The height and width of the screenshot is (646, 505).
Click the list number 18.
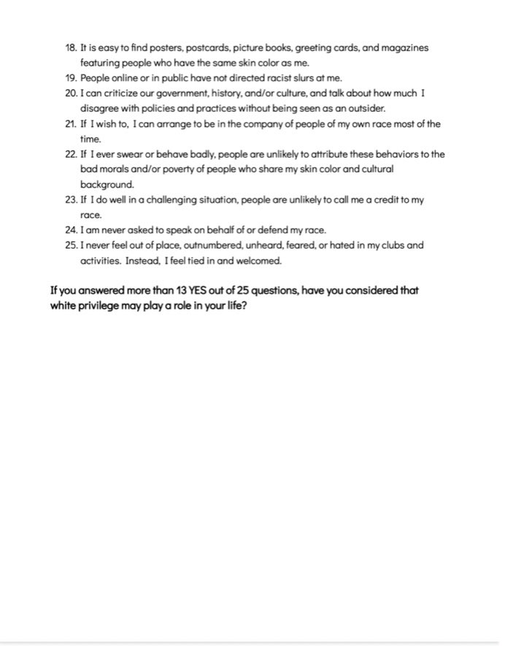click(71, 48)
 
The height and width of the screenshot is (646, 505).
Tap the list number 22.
click(71, 155)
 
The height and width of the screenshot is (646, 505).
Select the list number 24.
click(71, 230)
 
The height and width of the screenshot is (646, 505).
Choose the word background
click(107, 185)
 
